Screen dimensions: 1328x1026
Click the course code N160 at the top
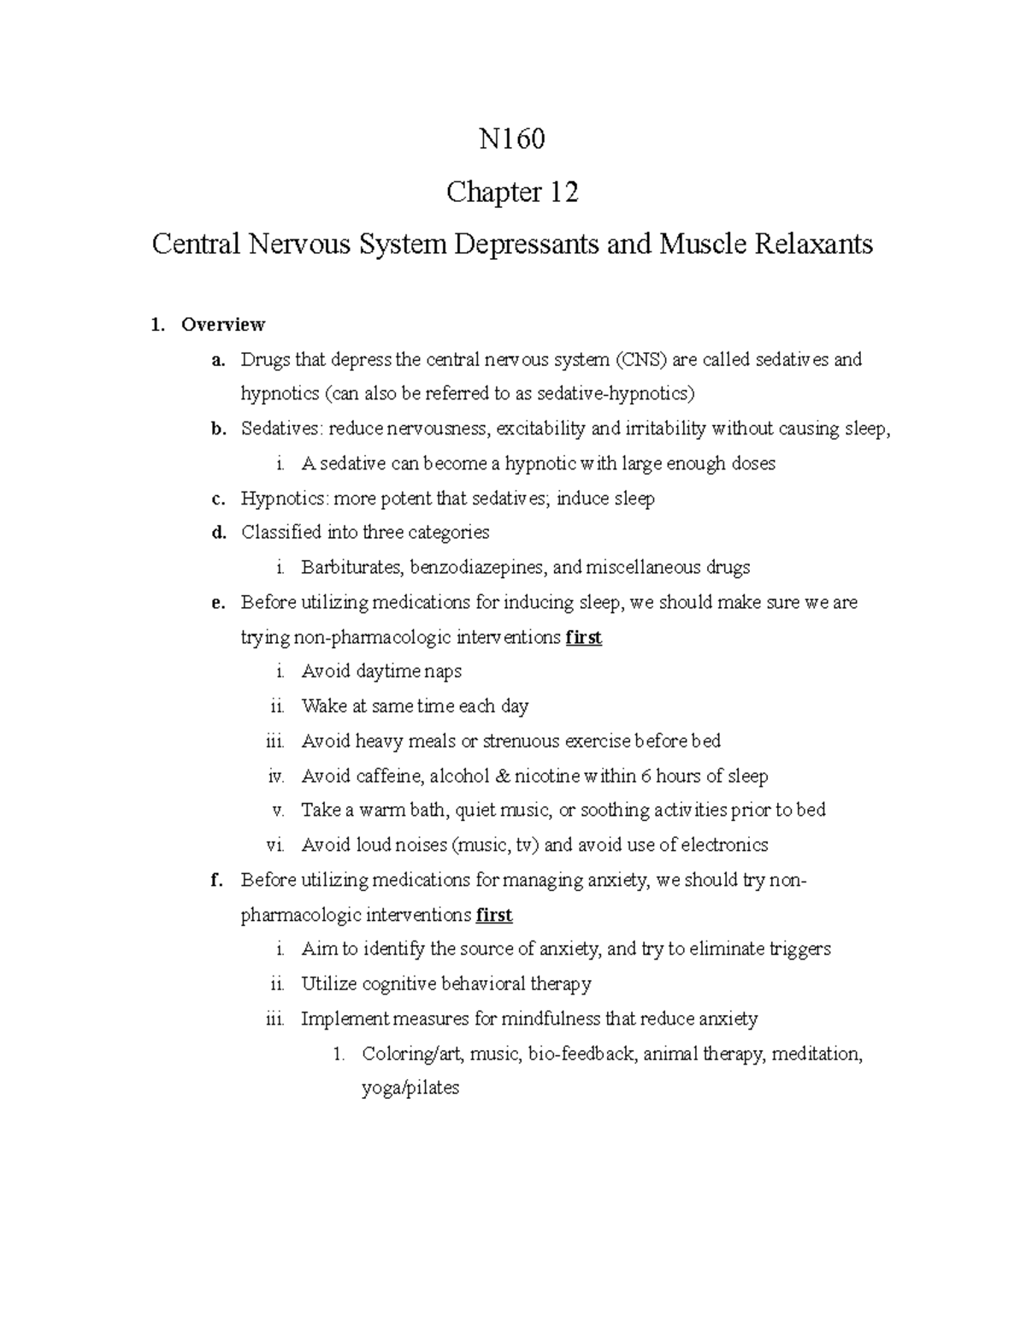pos(512,139)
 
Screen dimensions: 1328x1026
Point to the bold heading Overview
pos(223,325)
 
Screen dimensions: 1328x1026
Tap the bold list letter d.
pos(219,533)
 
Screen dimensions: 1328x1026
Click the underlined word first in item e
pos(584,638)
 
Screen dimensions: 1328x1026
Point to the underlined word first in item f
pos(494,915)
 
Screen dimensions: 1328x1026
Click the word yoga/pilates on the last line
pos(410,1089)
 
